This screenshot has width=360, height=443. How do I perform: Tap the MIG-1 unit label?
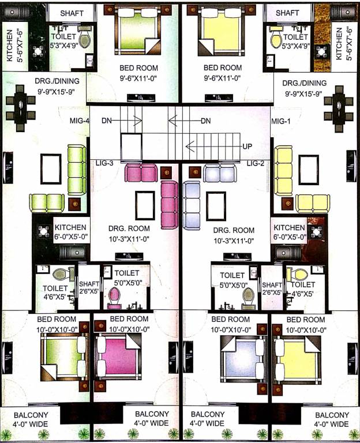(x=281, y=121)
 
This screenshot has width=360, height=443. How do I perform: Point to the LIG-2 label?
(x=255, y=163)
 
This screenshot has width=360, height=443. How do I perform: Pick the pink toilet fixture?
(x=114, y=296)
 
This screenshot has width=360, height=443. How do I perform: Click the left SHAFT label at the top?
(x=72, y=13)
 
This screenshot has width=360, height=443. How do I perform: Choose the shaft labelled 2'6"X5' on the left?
(x=89, y=288)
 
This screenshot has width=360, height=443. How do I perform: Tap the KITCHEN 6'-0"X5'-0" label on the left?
(x=70, y=232)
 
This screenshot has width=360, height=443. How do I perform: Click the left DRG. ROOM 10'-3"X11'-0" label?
(x=134, y=234)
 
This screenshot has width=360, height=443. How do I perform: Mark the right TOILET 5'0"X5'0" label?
(x=231, y=280)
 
